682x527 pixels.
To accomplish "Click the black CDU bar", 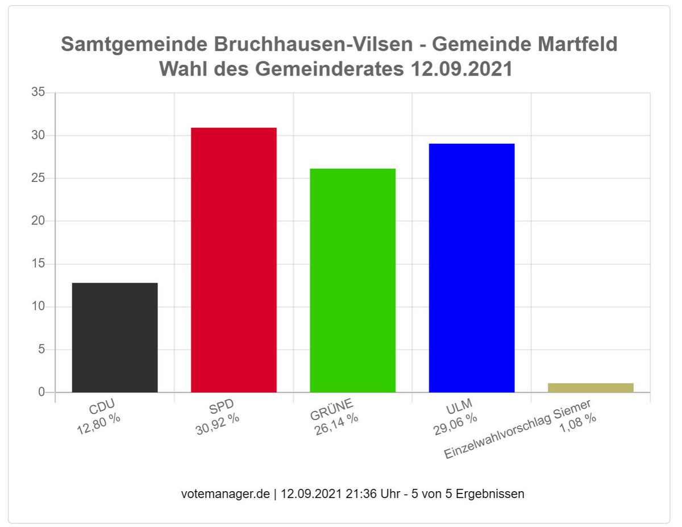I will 115,337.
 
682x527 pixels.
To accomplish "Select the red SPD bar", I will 234,260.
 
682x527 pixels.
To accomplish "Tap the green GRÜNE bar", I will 352,280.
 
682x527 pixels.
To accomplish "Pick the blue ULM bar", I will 472,268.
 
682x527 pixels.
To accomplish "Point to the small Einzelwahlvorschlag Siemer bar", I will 590,388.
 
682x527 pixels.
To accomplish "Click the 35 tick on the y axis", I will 38,92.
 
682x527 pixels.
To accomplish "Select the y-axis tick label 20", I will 38,221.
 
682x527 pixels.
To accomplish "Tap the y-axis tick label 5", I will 41,350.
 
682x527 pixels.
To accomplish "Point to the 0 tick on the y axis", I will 41,392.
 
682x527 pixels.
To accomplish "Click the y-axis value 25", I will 38,178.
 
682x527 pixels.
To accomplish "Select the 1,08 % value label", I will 578,424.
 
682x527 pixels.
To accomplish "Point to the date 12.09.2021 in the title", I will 460,69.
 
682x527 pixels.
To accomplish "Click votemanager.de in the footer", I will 225,493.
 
